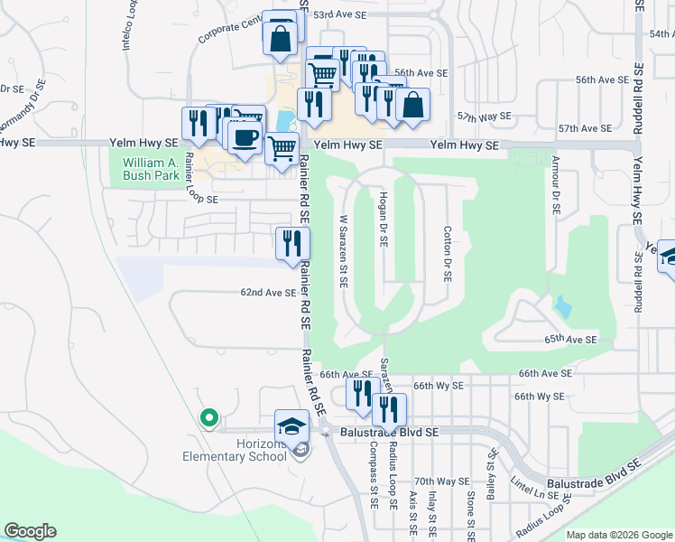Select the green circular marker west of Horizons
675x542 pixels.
[208, 417]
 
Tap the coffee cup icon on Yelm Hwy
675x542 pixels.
[244, 138]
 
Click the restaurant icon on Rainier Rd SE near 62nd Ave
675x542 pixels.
[292, 243]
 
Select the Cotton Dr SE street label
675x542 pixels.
[447, 253]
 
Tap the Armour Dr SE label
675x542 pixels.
[553, 184]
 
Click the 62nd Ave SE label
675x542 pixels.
[268, 293]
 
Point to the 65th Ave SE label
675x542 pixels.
[570, 340]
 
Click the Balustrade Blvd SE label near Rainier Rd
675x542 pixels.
[389, 433]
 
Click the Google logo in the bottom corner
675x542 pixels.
[30, 531]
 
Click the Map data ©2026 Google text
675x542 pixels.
[619, 535]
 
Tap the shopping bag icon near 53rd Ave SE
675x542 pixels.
[280, 38]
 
